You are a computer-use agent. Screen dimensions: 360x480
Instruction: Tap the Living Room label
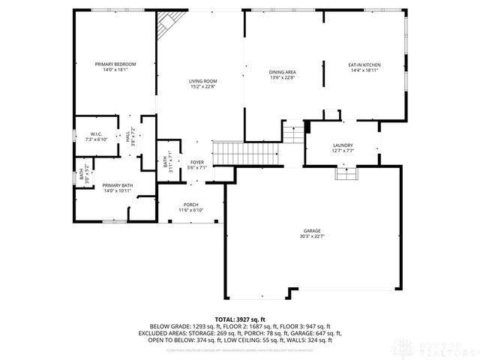202,81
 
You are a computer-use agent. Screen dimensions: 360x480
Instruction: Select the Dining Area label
283,73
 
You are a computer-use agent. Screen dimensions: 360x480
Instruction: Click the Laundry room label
343,145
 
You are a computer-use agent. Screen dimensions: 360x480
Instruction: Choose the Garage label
313,231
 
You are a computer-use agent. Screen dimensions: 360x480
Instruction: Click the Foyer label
196,162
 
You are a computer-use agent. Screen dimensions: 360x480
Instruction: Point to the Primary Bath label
117,185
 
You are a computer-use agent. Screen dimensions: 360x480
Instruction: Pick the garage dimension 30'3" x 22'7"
313,236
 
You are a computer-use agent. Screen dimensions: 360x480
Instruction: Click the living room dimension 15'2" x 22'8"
202,86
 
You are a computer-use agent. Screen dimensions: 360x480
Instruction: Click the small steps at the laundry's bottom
346,173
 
